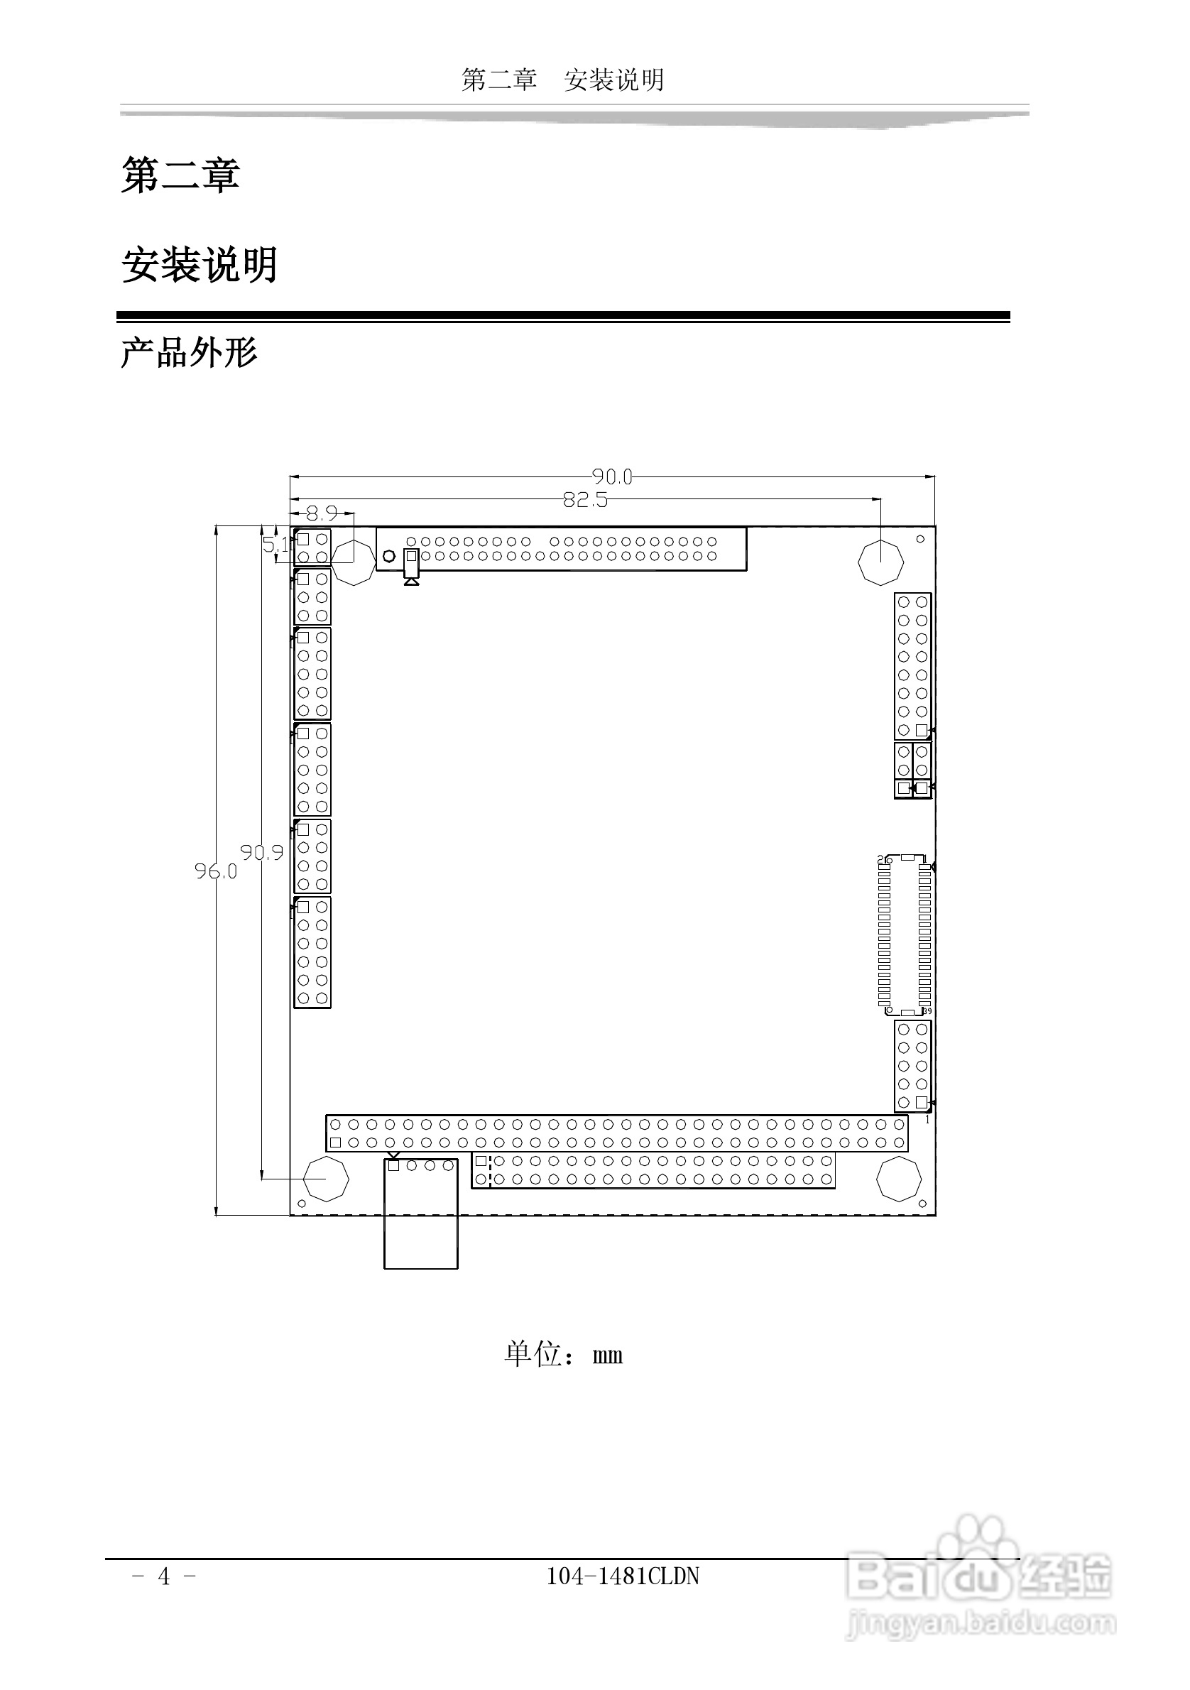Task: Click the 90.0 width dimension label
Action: [x=611, y=477]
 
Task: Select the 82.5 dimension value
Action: [x=585, y=500]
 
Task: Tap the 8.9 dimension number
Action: [x=322, y=513]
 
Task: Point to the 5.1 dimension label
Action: [x=276, y=545]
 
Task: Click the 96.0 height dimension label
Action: [x=216, y=871]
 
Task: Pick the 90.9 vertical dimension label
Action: [x=261, y=852]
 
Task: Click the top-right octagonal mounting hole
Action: [x=880, y=562]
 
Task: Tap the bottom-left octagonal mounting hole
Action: [x=326, y=1179]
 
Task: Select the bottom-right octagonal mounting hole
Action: [x=899, y=1179]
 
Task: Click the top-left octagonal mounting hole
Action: [x=354, y=563]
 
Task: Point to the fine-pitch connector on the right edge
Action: [x=905, y=934]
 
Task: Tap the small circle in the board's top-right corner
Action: [x=920, y=539]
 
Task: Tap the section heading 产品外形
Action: [x=189, y=354]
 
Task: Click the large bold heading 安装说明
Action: [x=200, y=265]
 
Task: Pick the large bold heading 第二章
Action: [x=180, y=175]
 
